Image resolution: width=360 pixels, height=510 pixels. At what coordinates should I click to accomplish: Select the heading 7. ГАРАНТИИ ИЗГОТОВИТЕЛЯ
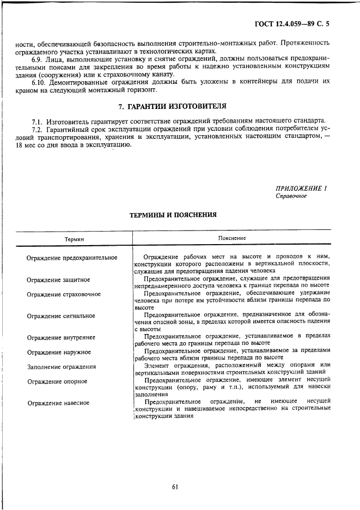(x=172, y=106)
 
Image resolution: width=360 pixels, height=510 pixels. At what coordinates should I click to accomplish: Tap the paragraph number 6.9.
(x=38, y=57)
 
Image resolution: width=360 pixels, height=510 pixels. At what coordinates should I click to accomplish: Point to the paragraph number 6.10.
(x=40, y=81)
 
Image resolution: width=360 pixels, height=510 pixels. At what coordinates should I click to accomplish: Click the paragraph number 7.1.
(x=38, y=120)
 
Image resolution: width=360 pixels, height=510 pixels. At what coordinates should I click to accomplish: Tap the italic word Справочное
(x=291, y=196)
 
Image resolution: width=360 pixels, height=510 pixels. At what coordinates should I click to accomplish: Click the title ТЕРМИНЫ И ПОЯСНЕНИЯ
(x=173, y=215)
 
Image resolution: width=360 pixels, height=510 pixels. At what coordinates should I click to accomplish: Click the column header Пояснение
(x=232, y=238)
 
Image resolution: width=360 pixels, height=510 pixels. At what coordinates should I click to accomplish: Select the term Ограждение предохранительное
(x=72, y=257)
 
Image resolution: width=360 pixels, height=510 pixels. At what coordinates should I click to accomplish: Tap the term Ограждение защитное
(x=58, y=280)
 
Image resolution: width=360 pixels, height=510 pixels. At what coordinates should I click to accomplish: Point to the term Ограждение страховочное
(x=64, y=294)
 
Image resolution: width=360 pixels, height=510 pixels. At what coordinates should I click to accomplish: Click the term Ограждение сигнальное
(x=61, y=316)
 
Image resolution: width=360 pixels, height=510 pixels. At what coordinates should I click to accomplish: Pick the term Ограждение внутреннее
(x=61, y=338)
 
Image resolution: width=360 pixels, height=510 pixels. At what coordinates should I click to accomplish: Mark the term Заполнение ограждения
(x=61, y=367)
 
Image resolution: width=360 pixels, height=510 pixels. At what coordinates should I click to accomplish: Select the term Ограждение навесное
(x=58, y=403)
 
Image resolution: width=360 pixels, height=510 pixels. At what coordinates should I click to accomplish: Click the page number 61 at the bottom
(x=175, y=487)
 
